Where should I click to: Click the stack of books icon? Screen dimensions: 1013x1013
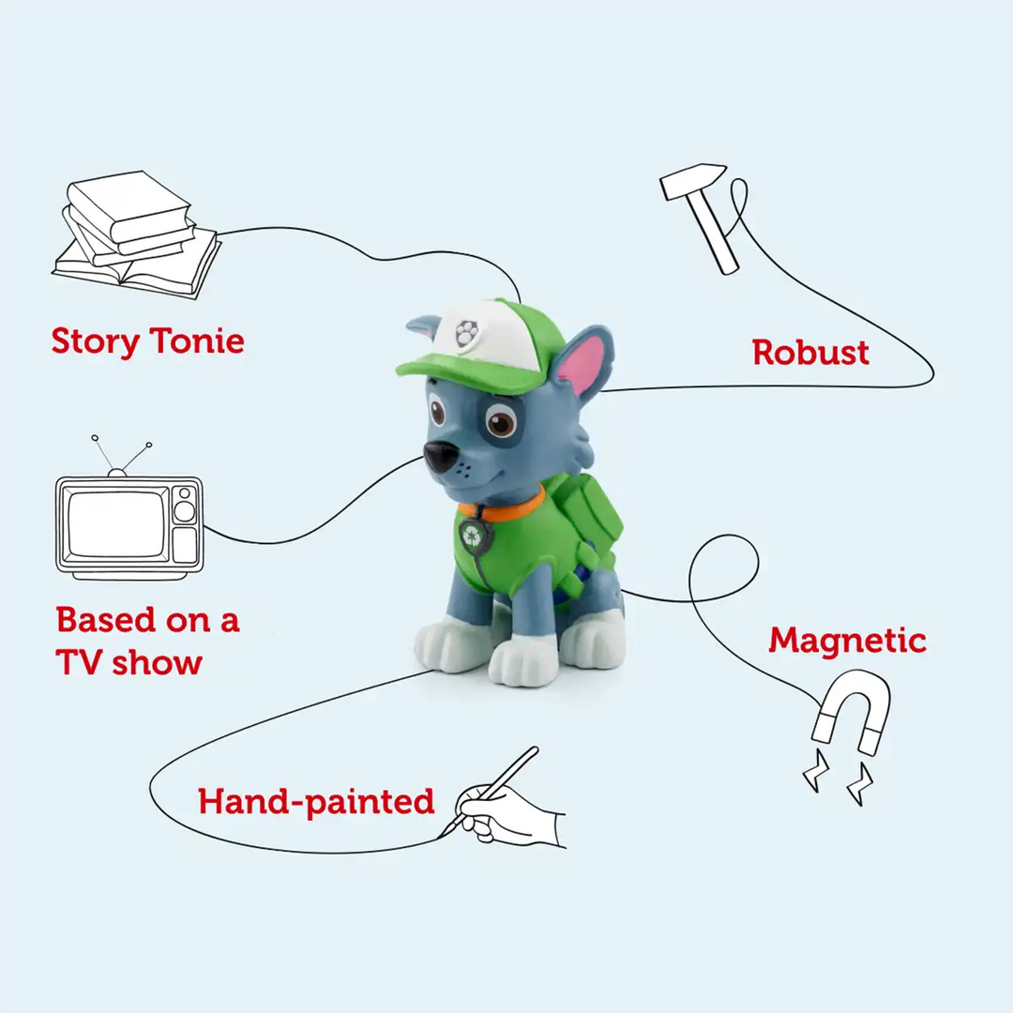[x=137, y=234]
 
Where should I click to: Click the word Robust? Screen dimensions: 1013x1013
[x=810, y=353]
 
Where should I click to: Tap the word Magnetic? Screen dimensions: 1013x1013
[x=847, y=641]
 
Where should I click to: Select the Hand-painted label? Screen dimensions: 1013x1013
[x=316, y=802]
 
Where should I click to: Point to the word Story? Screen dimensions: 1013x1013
[x=94, y=340]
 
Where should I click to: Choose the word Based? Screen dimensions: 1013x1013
[x=106, y=620]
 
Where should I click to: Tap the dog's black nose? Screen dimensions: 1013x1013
[x=439, y=457]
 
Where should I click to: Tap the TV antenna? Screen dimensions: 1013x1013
[x=120, y=455]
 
